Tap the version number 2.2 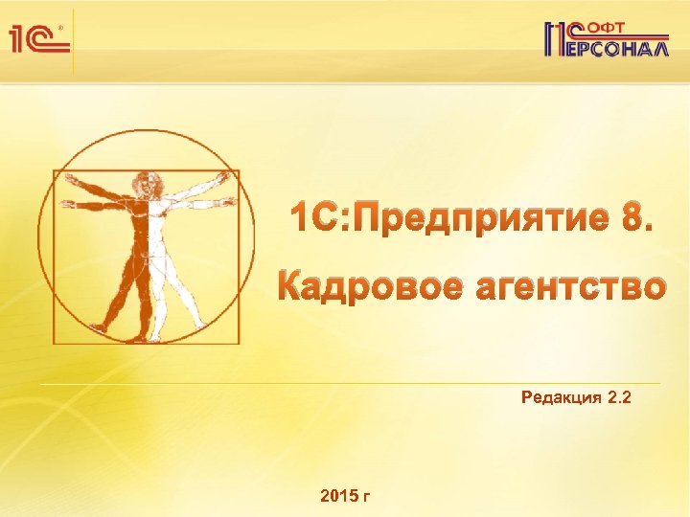point(620,397)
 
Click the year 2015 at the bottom point(340,496)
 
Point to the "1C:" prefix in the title point(321,220)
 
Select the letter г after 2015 point(368,497)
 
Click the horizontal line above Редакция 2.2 point(364,383)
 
